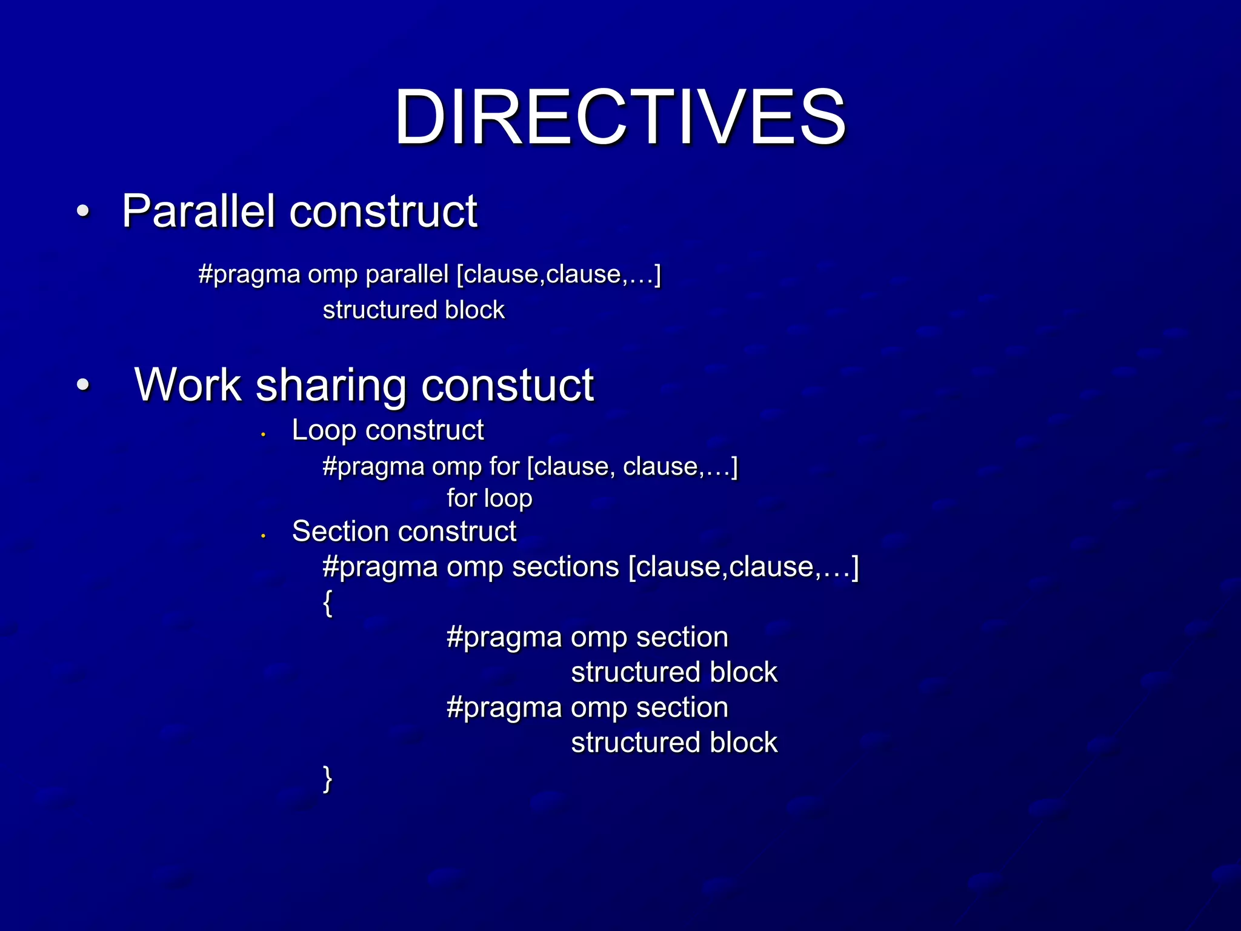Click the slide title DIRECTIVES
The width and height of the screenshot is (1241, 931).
tap(619, 116)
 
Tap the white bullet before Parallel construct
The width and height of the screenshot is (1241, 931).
tap(83, 212)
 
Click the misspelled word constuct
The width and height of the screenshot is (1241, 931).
tap(507, 385)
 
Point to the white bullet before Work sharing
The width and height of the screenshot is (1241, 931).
tap(83, 385)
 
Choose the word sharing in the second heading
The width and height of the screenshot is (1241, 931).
tap(330, 386)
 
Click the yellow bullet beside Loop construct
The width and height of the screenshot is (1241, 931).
tap(264, 434)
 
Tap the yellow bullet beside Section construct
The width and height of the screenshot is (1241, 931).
tap(264, 535)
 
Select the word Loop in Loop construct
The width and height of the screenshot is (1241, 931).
tap(323, 430)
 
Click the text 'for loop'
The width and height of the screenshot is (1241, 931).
tap(490, 498)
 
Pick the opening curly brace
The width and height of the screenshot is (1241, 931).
tap(328, 603)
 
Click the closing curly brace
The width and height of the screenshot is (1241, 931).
tap(328, 779)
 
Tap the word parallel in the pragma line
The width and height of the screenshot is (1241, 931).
tap(407, 275)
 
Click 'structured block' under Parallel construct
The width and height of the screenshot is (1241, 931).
tap(413, 310)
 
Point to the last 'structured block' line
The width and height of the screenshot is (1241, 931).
tap(674, 742)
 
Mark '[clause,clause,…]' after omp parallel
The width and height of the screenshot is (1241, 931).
tap(558, 275)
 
